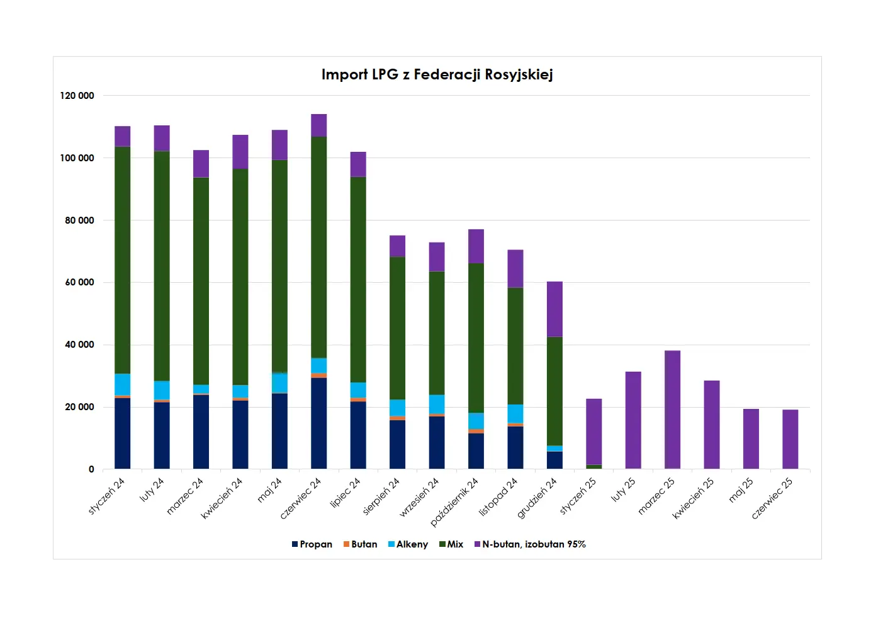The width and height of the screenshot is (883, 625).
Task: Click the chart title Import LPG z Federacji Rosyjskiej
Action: coord(437,75)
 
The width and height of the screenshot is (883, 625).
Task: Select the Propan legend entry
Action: coord(312,544)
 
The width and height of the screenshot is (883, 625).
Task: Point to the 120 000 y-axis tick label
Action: coord(77,96)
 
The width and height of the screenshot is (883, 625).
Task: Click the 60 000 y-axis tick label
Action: coord(79,282)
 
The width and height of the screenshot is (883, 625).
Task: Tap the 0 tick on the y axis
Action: coord(91,469)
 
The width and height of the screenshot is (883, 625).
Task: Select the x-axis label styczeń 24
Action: coord(107,496)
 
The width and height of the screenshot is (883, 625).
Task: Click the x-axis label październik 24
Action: coord(454,502)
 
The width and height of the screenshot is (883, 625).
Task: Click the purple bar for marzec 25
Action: coord(672,410)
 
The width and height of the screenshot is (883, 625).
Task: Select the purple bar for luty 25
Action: coord(633,420)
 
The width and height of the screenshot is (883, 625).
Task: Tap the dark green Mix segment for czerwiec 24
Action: coord(319,247)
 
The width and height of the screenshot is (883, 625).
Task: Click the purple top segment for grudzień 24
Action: coord(554,309)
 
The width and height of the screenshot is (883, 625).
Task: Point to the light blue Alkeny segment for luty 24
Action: coord(162,390)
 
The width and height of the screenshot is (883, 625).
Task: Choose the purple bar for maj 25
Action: coord(751,439)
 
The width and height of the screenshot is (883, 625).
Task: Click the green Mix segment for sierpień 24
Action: coord(398,328)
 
